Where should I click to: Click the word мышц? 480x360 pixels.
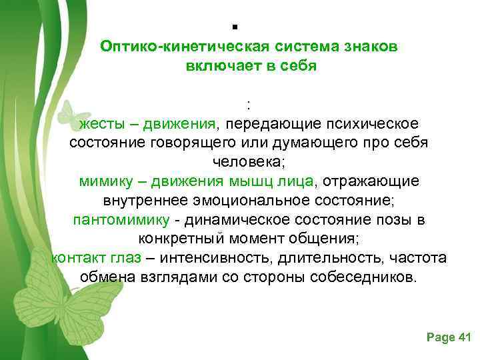(249, 181)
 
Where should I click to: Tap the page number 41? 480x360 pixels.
(465, 338)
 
